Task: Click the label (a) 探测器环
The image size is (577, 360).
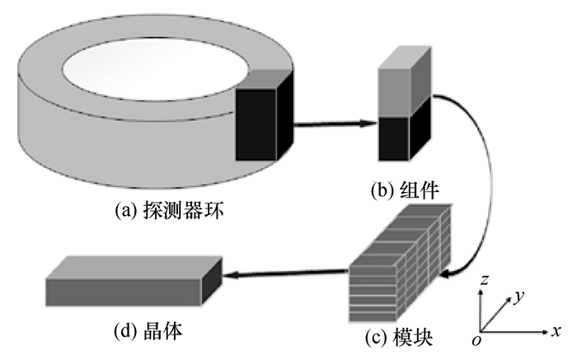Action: (x=170, y=212)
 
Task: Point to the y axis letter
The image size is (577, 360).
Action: (x=518, y=294)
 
